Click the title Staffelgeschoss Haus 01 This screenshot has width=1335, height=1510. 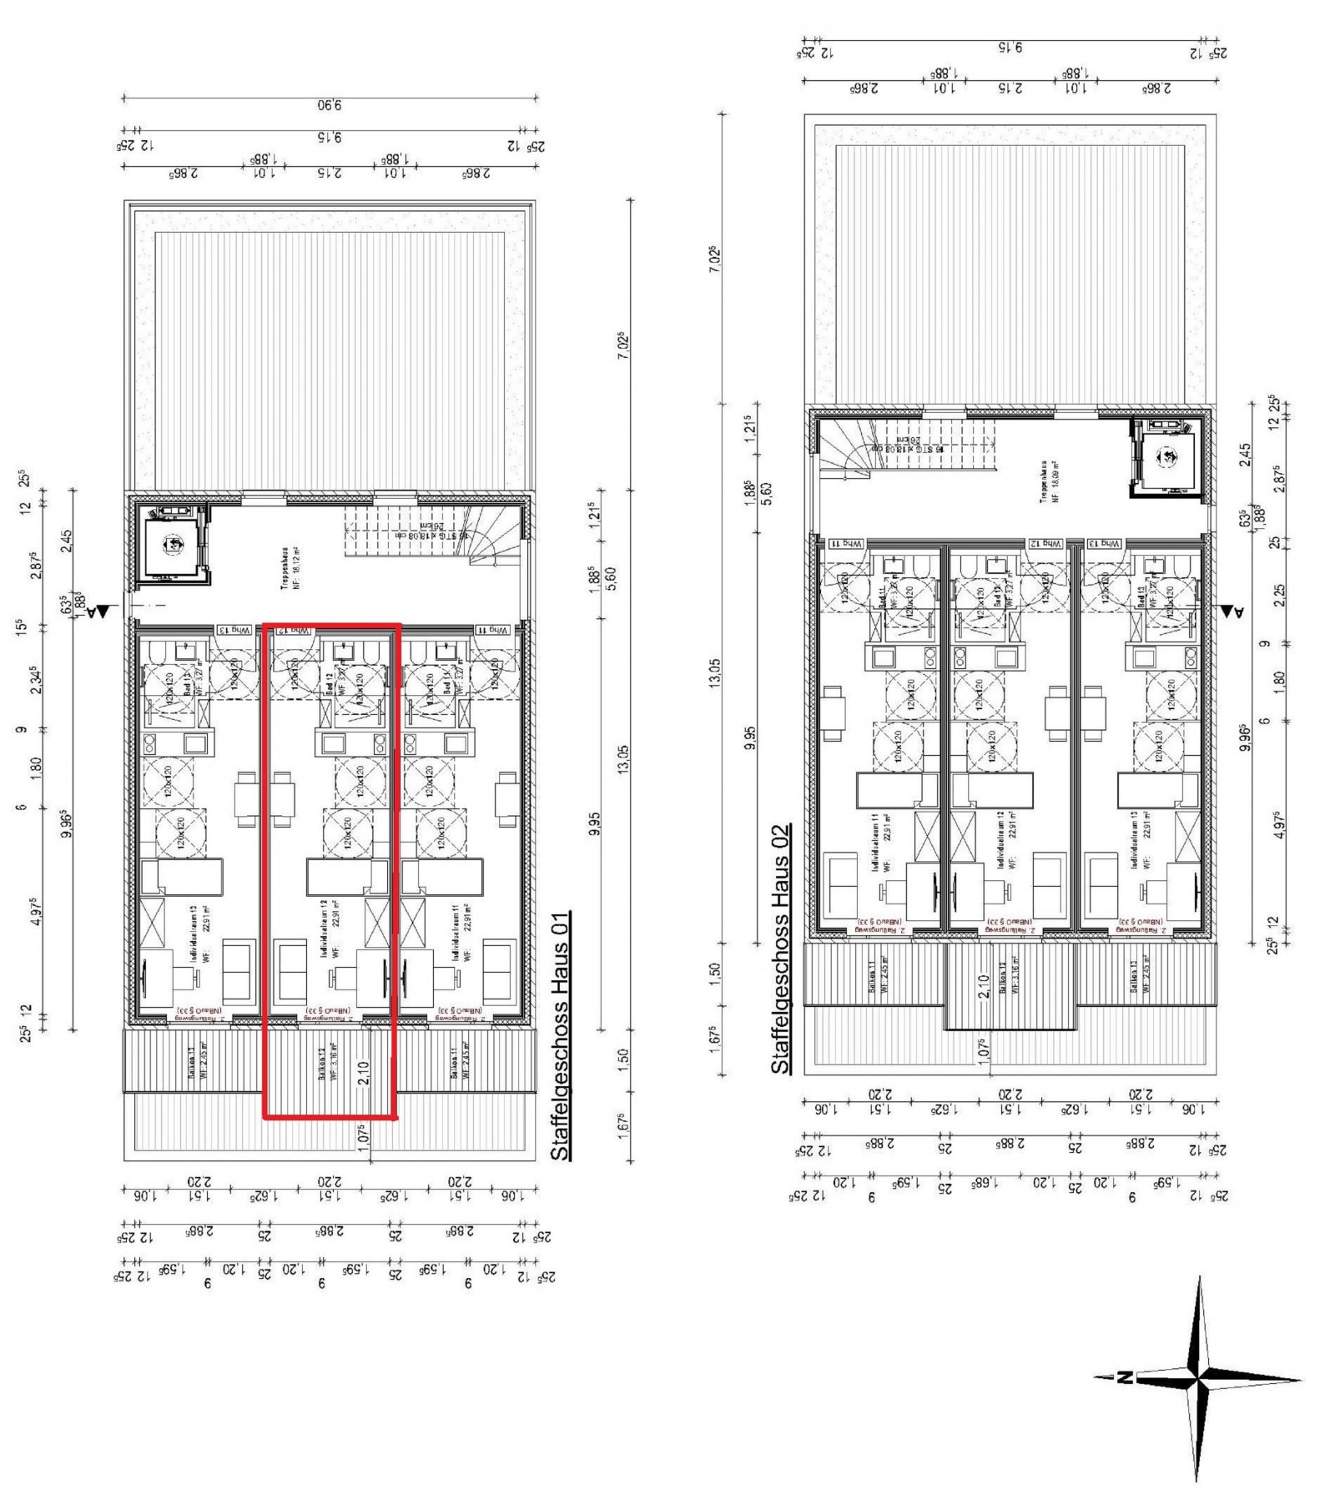[x=561, y=1035]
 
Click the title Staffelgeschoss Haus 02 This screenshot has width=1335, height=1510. [x=780, y=949]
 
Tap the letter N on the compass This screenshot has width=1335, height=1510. [x=1126, y=1377]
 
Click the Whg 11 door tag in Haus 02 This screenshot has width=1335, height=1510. [x=845, y=543]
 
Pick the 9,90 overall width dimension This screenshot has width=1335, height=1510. [x=330, y=105]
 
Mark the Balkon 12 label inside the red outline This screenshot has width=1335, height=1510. [x=328, y=1061]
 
